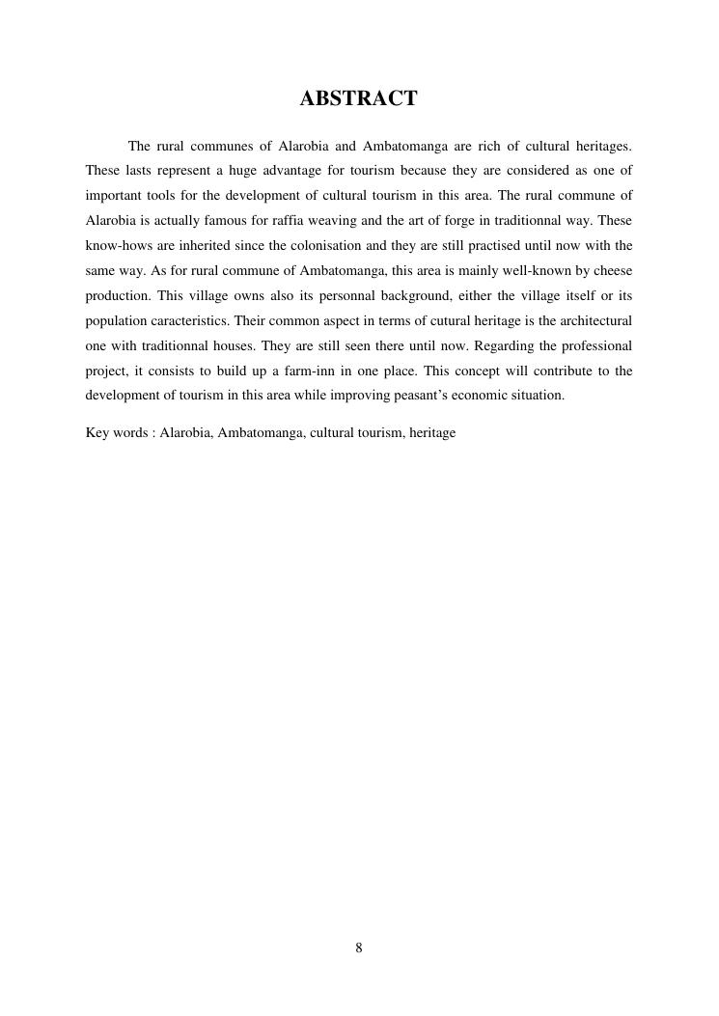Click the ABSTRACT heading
(x=358, y=98)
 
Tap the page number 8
(x=359, y=948)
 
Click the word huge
(x=244, y=171)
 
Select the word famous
(x=227, y=221)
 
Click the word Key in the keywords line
(x=97, y=433)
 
